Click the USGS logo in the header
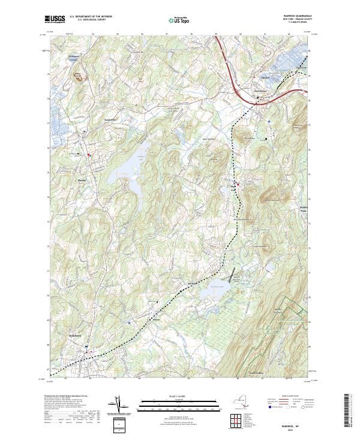tap(55, 19)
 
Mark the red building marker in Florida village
tap(90, 155)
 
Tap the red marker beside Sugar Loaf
tap(238, 184)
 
